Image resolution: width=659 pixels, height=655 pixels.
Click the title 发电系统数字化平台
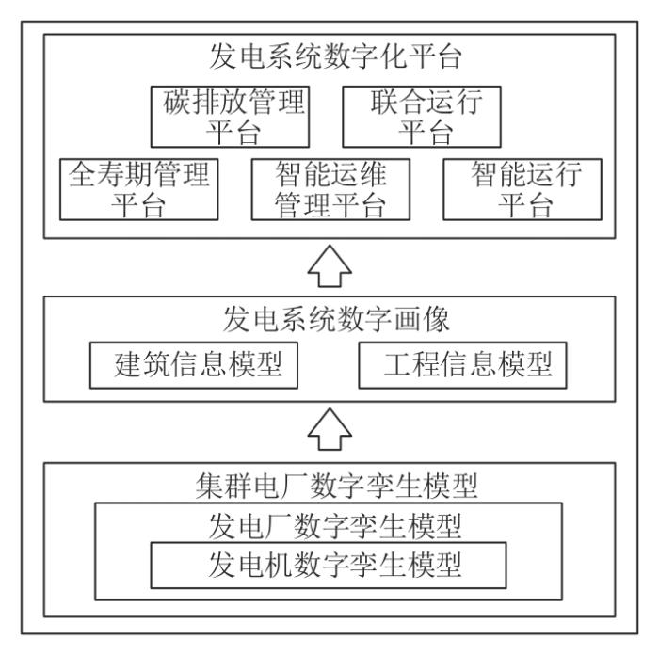[x=335, y=56]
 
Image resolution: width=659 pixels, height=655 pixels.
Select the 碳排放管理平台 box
[x=230, y=117]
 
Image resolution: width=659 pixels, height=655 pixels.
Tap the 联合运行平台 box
[x=422, y=117]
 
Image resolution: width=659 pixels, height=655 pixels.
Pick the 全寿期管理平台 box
[x=138, y=189]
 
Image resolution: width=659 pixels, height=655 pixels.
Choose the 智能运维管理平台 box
[x=330, y=189]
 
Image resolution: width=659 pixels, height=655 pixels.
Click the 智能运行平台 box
[x=522, y=189]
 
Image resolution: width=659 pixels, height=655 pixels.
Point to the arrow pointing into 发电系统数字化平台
[x=329, y=266]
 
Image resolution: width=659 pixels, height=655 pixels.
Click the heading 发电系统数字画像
[x=336, y=319]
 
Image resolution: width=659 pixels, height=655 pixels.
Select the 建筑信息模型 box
[x=194, y=365]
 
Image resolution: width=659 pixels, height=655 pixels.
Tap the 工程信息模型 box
[x=463, y=365]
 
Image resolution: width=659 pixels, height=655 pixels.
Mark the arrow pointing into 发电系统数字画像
[x=329, y=429]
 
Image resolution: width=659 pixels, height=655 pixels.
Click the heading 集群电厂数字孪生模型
[x=336, y=486]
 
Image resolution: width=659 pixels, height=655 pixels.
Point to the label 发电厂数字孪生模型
[x=335, y=526]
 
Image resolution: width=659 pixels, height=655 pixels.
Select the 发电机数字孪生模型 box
[x=329, y=565]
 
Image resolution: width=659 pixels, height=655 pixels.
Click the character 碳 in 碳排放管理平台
[x=177, y=102]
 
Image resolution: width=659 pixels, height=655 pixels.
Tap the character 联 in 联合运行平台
[x=384, y=102]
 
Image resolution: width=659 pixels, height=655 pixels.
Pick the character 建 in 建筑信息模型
[x=127, y=364]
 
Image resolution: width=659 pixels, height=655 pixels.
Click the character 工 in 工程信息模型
[x=397, y=364]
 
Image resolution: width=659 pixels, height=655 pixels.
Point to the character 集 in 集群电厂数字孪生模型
[x=210, y=486]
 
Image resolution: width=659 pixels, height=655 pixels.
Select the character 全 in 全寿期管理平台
[x=83, y=174]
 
